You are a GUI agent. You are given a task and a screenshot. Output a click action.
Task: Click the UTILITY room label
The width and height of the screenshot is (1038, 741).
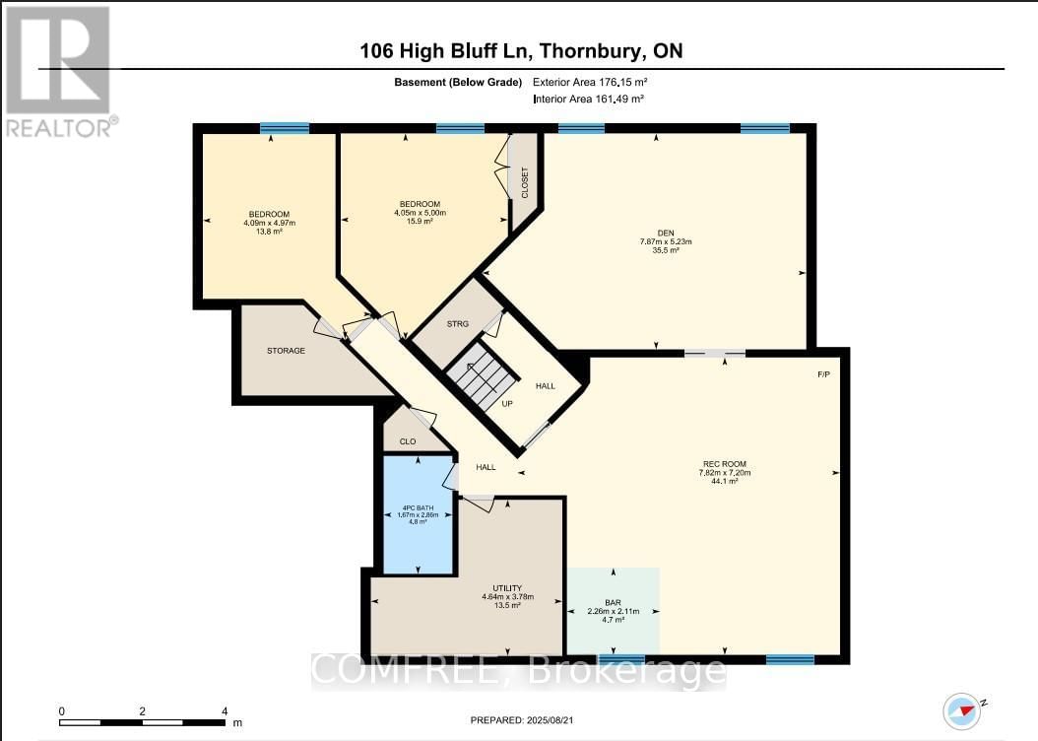(507, 588)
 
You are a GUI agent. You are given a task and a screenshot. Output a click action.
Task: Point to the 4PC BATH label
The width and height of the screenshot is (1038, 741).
(418, 507)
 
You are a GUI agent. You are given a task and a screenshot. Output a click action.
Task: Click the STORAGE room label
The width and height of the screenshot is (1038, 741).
(286, 350)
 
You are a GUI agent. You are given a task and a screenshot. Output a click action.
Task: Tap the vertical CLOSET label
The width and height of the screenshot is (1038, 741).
(525, 182)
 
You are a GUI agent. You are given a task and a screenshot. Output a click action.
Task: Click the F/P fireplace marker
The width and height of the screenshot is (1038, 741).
(824, 374)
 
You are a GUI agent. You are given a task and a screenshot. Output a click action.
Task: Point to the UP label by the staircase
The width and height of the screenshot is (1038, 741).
(507, 403)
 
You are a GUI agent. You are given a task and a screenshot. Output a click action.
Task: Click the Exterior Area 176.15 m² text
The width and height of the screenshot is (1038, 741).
(589, 83)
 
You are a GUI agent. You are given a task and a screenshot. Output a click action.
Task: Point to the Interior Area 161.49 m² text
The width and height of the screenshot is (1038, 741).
(589, 100)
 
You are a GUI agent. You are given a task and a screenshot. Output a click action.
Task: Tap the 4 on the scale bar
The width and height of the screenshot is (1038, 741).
(225, 710)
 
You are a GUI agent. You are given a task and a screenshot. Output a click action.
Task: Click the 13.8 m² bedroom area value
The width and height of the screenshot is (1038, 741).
(269, 233)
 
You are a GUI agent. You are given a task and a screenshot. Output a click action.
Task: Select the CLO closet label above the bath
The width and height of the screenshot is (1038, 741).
(407, 441)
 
